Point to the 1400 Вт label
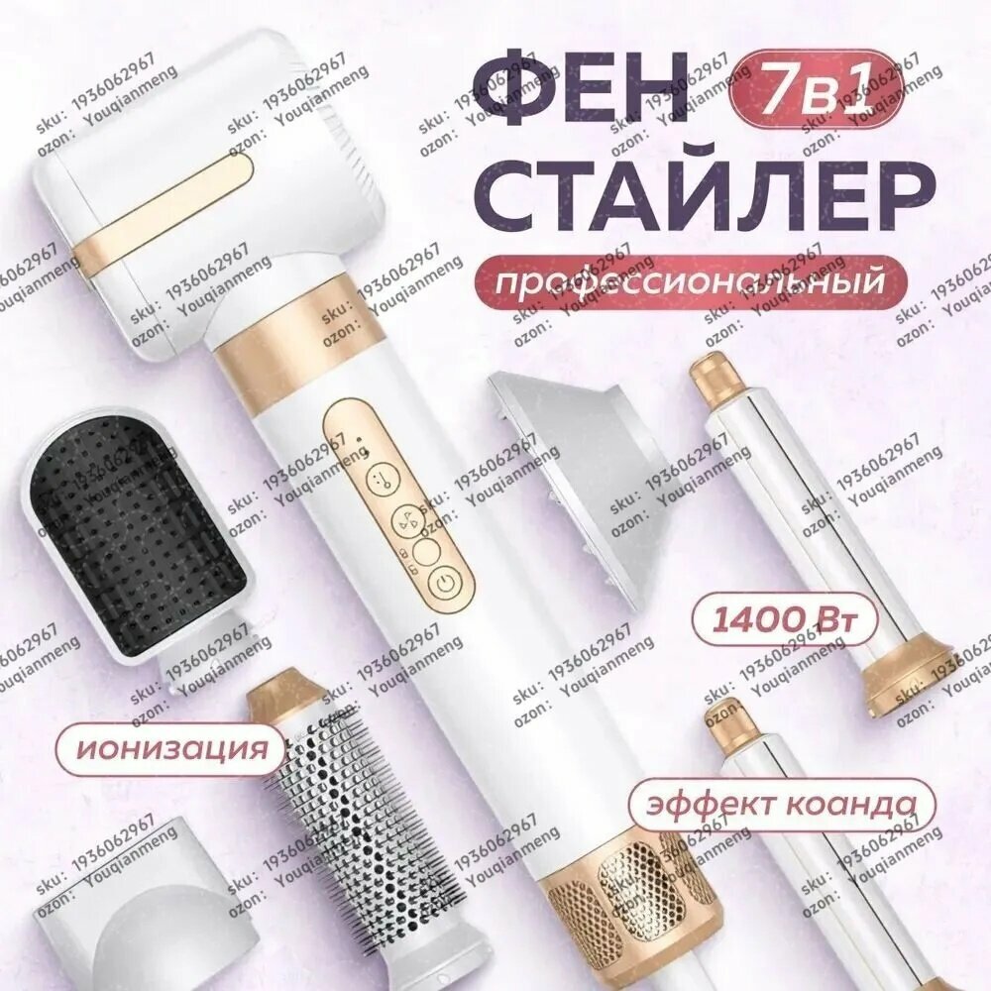tap(781, 622)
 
